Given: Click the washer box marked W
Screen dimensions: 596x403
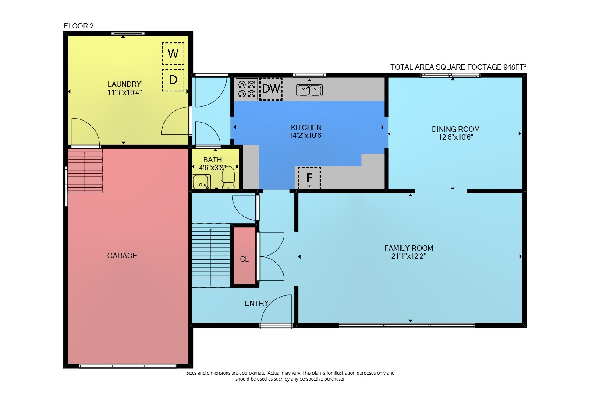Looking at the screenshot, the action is click(173, 54).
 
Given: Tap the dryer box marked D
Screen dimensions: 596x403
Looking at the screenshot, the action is click(173, 80).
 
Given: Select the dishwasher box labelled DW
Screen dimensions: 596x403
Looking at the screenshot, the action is click(271, 89).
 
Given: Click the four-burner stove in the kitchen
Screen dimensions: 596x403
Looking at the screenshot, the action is click(247, 89).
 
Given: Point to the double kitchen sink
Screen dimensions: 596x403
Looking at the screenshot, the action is click(309, 90).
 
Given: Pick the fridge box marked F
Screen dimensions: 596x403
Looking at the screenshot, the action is click(309, 178).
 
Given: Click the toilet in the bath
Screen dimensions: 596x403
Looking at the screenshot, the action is click(228, 178).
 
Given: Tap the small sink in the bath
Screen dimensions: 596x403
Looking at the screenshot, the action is click(202, 182).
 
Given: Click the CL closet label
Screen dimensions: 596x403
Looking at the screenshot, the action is click(244, 259).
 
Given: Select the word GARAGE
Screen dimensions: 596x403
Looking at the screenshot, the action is click(122, 256).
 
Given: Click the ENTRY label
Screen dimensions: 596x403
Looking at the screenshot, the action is click(256, 303).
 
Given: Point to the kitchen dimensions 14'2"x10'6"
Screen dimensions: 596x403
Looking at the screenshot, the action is click(306, 136).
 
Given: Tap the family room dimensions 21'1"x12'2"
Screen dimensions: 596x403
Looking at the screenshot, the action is click(409, 256).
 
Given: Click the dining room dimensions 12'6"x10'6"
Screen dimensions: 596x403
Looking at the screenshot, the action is click(456, 137).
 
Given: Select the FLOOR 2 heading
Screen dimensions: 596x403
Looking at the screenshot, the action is click(79, 26).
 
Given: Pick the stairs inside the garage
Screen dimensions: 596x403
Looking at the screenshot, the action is click(85, 171).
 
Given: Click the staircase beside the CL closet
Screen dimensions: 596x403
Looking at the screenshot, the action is click(211, 256).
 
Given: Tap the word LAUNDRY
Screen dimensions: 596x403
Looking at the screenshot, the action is click(124, 84).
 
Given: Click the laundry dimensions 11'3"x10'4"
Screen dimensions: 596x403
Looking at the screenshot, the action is click(124, 92).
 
